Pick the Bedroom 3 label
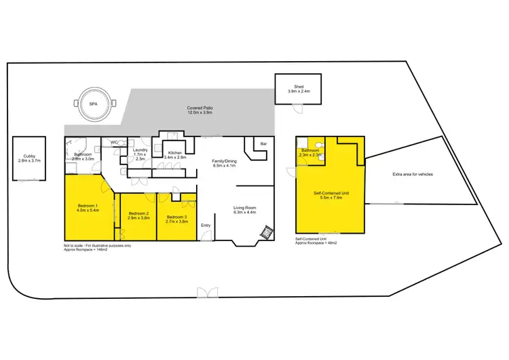click(176, 217)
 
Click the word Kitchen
click(174, 154)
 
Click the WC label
click(115, 142)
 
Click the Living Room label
click(244, 209)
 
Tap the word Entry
click(206, 226)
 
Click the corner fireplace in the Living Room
click(267, 232)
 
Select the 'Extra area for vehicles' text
click(412, 175)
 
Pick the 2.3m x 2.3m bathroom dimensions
click(310, 155)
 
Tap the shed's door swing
click(295, 109)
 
